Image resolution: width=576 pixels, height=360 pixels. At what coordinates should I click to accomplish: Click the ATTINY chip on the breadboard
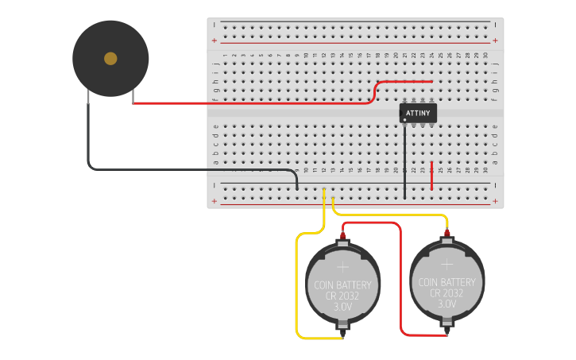click(x=418, y=113)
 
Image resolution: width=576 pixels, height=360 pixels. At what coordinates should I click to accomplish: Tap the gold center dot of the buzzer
click(x=110, y=58)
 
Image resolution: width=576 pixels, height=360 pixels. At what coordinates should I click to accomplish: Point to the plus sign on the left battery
click(x=343, y=266)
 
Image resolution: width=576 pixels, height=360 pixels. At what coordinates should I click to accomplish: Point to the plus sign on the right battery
click(x=447, y=263)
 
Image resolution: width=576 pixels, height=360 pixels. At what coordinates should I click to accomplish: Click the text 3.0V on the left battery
click(x=343, y=307)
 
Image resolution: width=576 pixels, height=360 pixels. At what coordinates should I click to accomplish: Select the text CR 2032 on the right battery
click(x=447, y=292)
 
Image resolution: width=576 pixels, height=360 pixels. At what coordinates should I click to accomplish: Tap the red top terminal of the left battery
click(x=343, y=235)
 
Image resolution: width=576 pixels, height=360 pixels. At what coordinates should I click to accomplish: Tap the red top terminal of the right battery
click(x=447, y=233)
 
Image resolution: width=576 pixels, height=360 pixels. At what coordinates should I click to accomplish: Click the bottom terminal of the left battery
click(x=343, y=326)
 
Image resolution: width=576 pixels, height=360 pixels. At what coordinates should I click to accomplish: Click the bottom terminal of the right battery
click(x=447, y=323)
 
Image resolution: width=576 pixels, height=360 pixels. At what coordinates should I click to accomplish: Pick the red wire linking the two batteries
click(x=400, y=278)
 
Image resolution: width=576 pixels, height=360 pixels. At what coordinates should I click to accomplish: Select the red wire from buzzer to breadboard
click(x=254, y=103)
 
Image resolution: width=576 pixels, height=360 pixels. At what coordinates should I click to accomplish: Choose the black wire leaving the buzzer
click(x=88, y=135)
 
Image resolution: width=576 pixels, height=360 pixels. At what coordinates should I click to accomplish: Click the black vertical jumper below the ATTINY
click(x=404, y=159)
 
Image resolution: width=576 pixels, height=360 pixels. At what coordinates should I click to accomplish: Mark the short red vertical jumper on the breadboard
click(x=431, y=176)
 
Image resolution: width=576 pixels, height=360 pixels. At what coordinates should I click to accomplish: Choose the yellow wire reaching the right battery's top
click(x=389, y=215)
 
